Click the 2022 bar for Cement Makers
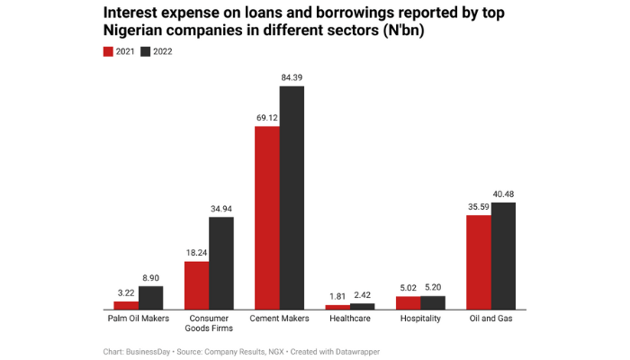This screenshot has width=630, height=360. pos(292,198)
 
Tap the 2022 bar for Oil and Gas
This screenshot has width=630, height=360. pos(503,256)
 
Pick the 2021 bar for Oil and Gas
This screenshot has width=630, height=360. pos(479,263)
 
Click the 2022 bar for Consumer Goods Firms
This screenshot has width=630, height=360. pos(220,264)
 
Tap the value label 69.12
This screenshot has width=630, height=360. pos(266,118)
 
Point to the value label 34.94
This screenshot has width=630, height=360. pos(220,209)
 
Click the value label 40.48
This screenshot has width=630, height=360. pos(503,194)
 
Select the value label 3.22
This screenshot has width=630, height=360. pos(126,293)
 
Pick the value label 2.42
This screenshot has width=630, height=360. pos(362,295)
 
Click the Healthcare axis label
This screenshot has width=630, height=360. pos(349,318)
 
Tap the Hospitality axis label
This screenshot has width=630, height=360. pos(420,318)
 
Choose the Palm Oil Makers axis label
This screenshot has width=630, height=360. pos(138,318)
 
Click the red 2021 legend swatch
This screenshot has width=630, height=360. pos(109,51)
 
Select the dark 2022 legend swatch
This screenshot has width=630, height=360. pos(146,51)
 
